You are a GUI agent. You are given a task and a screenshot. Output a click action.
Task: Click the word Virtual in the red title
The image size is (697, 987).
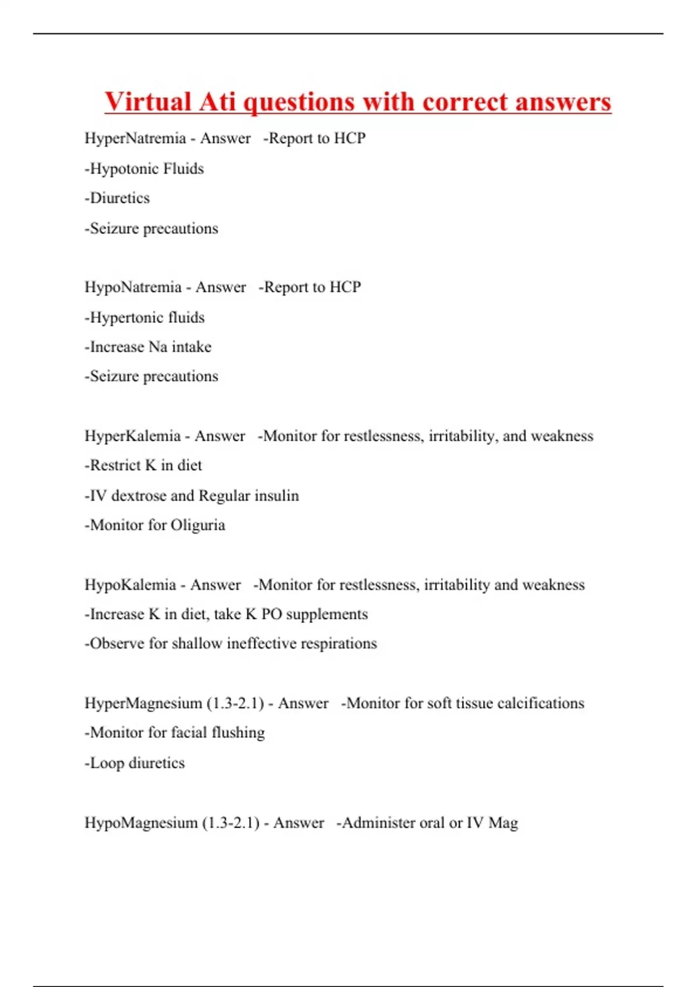click(x=148, y=102)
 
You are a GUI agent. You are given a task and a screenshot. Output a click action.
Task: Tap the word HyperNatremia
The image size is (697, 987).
click(x=135, y=138)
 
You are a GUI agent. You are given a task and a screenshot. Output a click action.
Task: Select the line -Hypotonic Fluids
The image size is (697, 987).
click(x=144, y=168)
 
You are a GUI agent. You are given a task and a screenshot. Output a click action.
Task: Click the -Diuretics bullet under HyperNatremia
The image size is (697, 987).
click(x=117, y=198)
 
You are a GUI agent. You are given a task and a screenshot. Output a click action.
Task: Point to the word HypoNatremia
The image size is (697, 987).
click(x=133, y=287)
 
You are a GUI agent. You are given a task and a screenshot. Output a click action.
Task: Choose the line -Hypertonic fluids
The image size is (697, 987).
click(x=145, y=317)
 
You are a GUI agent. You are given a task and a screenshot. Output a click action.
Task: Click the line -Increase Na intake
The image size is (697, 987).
click(x=148, y=347)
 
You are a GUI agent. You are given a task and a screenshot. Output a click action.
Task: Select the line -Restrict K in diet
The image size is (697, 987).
click(x=143, y=465)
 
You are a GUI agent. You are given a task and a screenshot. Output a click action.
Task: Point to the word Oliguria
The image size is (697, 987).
click(x=197, y=525)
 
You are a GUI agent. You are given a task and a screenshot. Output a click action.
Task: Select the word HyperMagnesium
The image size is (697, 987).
click(x=143, y=703)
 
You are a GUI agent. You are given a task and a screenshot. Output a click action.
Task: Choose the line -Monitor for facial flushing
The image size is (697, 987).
click(x=174, y=733)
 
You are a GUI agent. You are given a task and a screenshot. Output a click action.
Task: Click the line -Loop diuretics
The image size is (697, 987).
click(x=134, y=762)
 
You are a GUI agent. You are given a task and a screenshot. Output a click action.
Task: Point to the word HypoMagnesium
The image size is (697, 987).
click(x=141, y=823)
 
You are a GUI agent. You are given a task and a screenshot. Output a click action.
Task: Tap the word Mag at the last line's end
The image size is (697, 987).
click(x=503, y=823)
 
